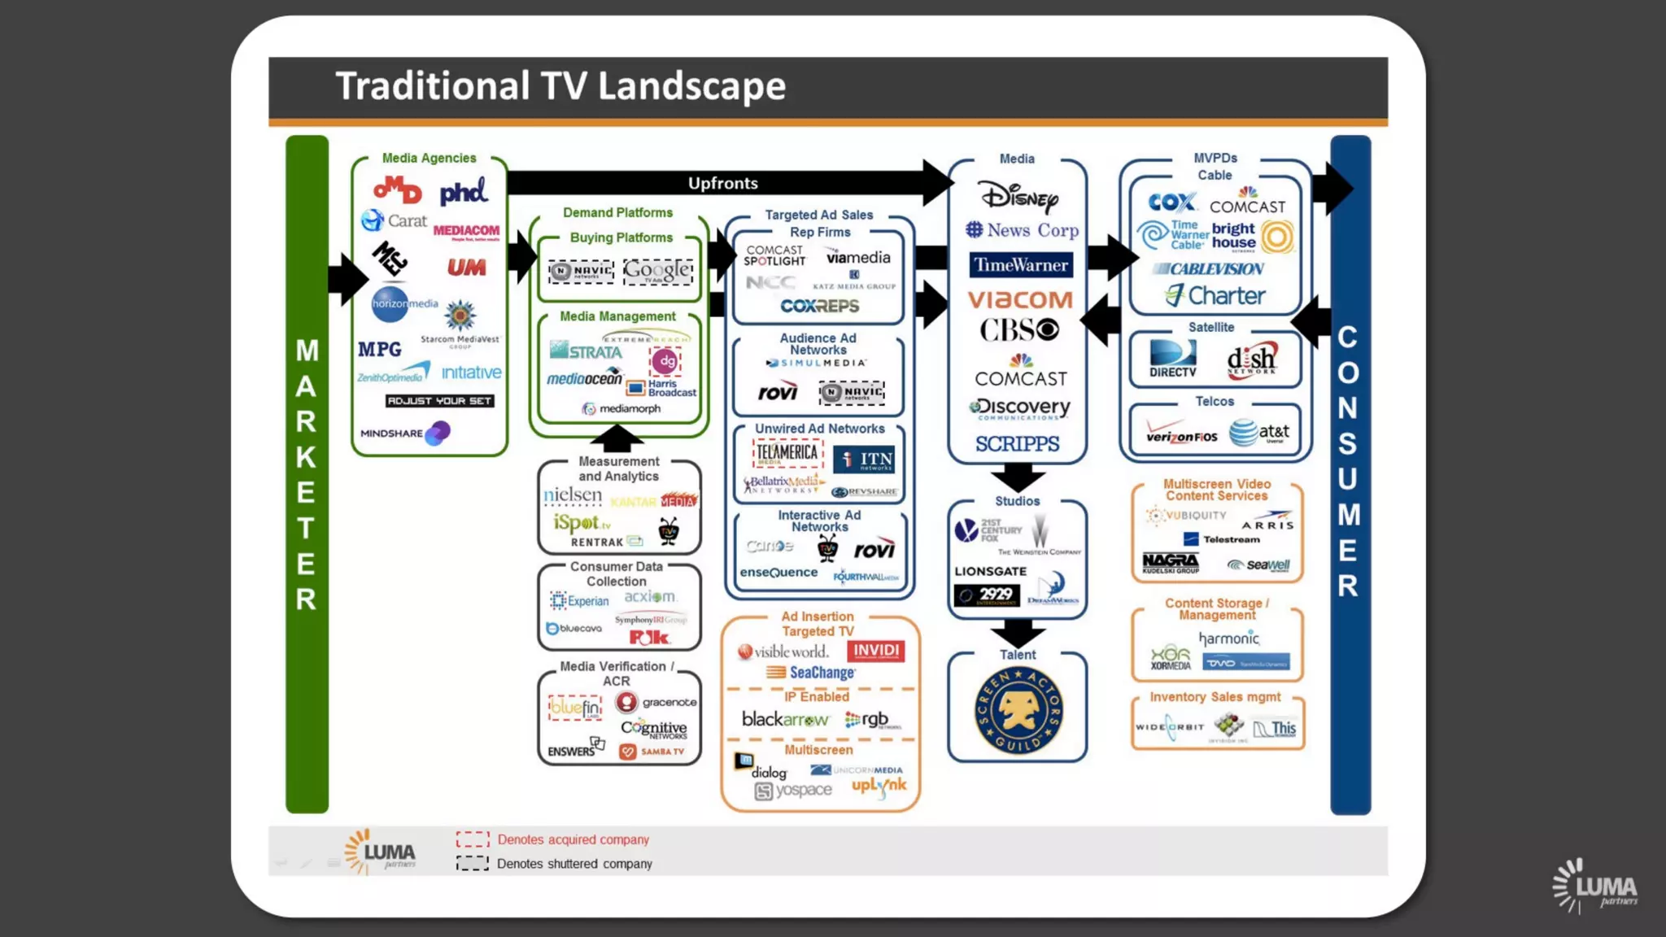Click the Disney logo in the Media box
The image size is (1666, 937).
(x=1018, y=197)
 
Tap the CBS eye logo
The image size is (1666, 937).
(x=1018, y=329)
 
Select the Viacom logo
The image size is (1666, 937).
(x=1020, y=299)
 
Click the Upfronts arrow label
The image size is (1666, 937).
(x=722, y=183)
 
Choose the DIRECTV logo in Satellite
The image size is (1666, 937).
(x=1172, y=359)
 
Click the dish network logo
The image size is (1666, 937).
(x=1251, y=359)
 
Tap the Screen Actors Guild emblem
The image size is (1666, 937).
(x=1018, y=711)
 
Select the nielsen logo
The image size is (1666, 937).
(x=573, y=495)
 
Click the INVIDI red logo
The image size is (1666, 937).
(x=875, y=651)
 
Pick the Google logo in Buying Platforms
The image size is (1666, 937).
(x=658, y=271)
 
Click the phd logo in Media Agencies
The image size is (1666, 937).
(x=463, y=192)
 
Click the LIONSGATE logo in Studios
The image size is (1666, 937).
(x=990, y=571)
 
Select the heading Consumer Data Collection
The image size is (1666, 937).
(x=617, y=573)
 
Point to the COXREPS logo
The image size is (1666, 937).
(x=819, y=306)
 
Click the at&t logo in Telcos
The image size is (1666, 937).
(x=1258, y=432)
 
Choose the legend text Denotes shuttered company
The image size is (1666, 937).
(x=574, y=863)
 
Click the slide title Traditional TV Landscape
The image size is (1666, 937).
(x=560, y=86)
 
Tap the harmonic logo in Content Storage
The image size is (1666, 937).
(x=1228, y=638)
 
